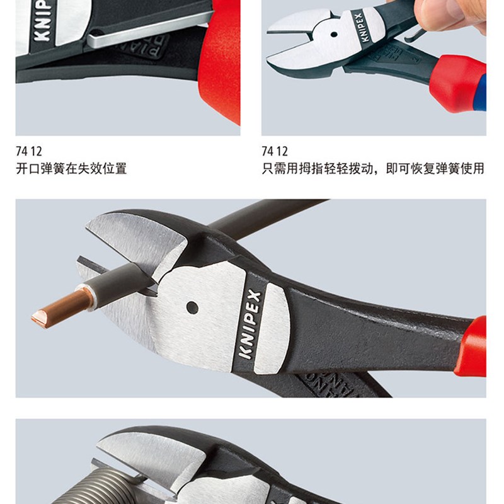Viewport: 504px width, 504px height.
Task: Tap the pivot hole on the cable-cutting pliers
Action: point(192,308)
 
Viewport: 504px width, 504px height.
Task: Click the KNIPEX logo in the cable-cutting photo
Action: point(250,324)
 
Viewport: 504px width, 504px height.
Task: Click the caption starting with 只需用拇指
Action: point(373,169)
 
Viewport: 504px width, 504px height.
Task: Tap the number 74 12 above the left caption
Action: point(28,152)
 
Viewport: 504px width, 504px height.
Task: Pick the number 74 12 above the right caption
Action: point(274,152)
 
